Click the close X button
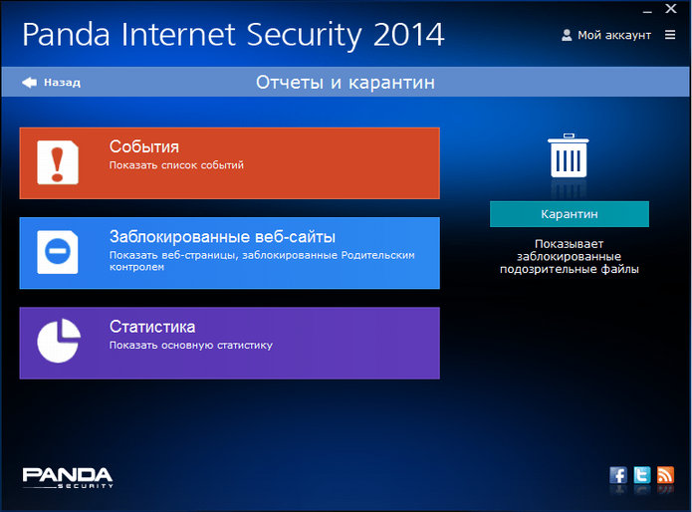click(671, 8)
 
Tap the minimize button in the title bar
click(647, 12)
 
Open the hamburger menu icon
click(670, 35)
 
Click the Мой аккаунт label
click(614, 35)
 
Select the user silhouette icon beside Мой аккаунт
click(567, 35)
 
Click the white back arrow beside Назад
click(30, 82)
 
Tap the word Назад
click(62, 83)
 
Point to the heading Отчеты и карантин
click(346, 83)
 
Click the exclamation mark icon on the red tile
click(58, 162)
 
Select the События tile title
click(144, 146)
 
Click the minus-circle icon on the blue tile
click(58, 252)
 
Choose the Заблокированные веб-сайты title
click(222, 237)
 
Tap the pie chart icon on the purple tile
click(59, 341)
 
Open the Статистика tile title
click(152, 327)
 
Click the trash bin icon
click(569, 155)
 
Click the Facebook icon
click(618, 475)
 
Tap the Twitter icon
click(642, 475)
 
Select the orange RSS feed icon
click(665, 475)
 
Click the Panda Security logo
click(68, 477)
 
